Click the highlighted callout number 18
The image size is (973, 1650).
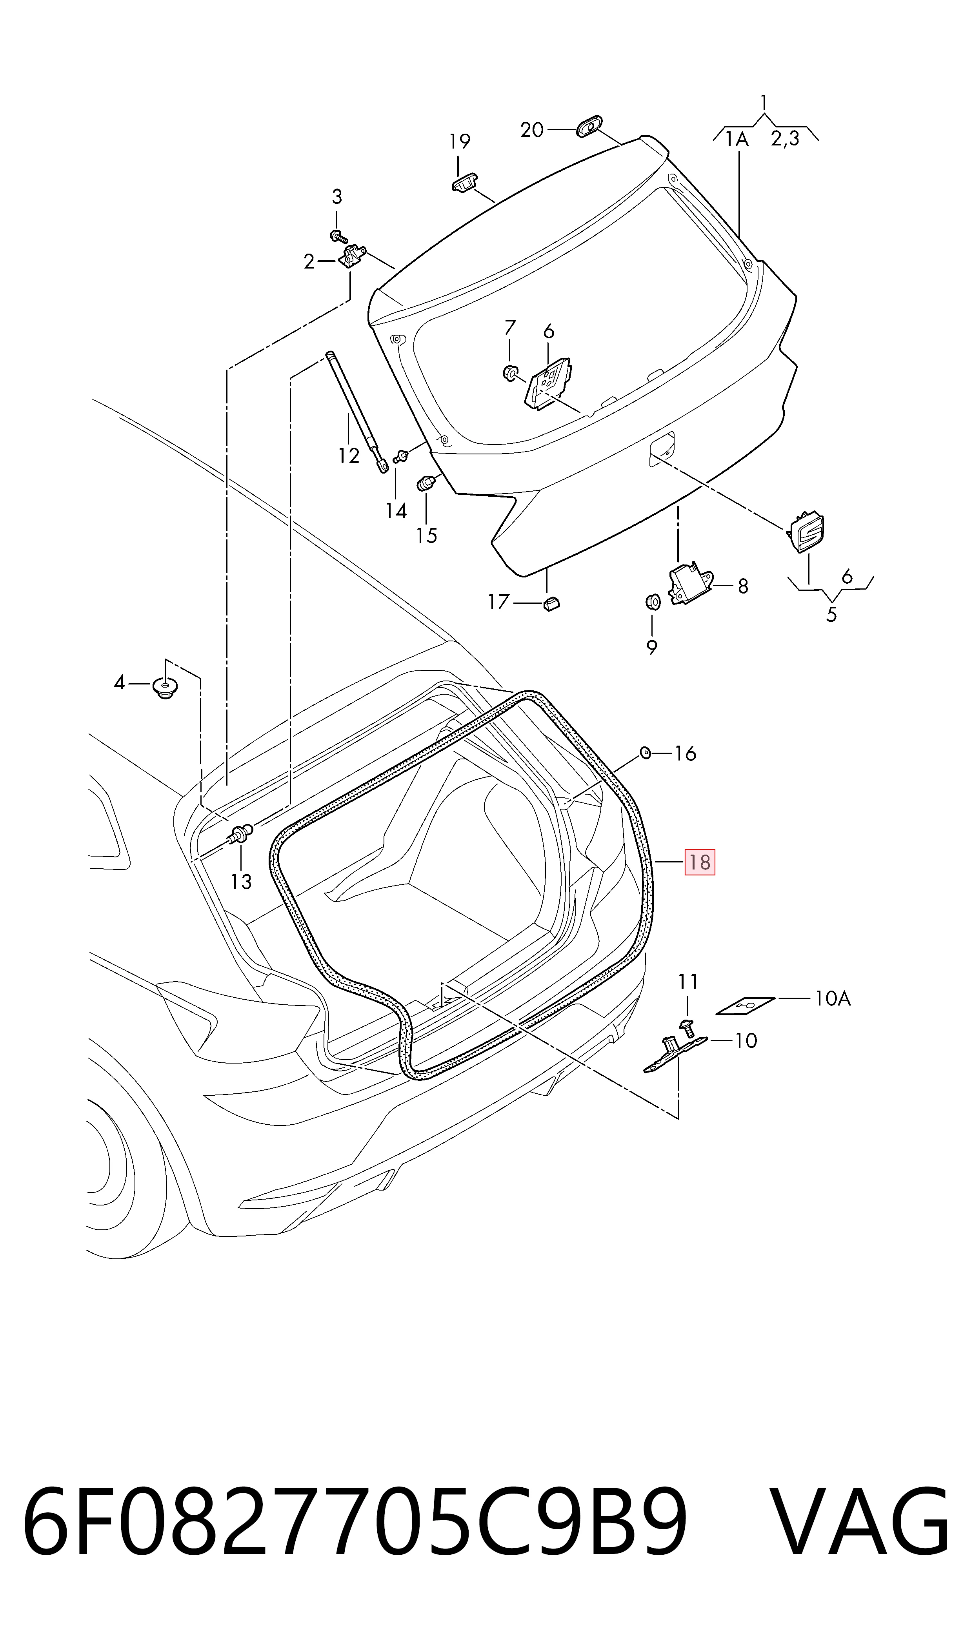coord(700,862)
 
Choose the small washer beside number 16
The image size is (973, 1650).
coord(644,752)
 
